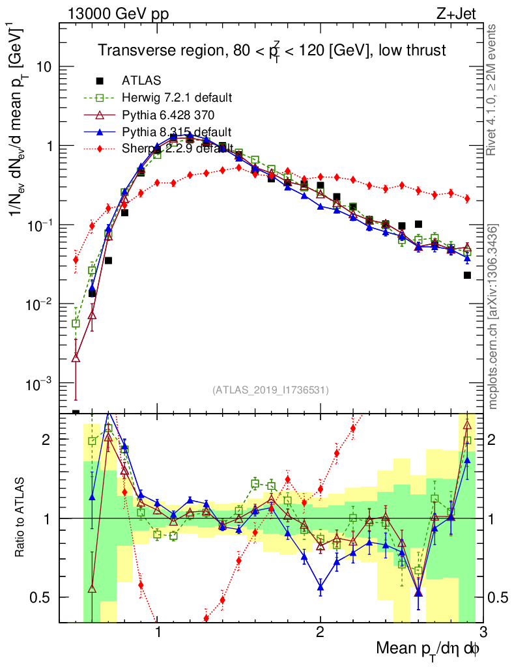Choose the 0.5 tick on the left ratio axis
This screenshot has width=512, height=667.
click(x=44, y=597)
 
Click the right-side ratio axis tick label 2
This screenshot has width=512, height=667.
click(x=497, y=440)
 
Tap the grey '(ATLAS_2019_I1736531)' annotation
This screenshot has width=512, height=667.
click(x=270, y=390)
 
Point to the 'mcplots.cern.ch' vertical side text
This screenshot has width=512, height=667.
click(x=493, y=317)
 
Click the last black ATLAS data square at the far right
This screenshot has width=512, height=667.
click(x=467, y=276)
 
